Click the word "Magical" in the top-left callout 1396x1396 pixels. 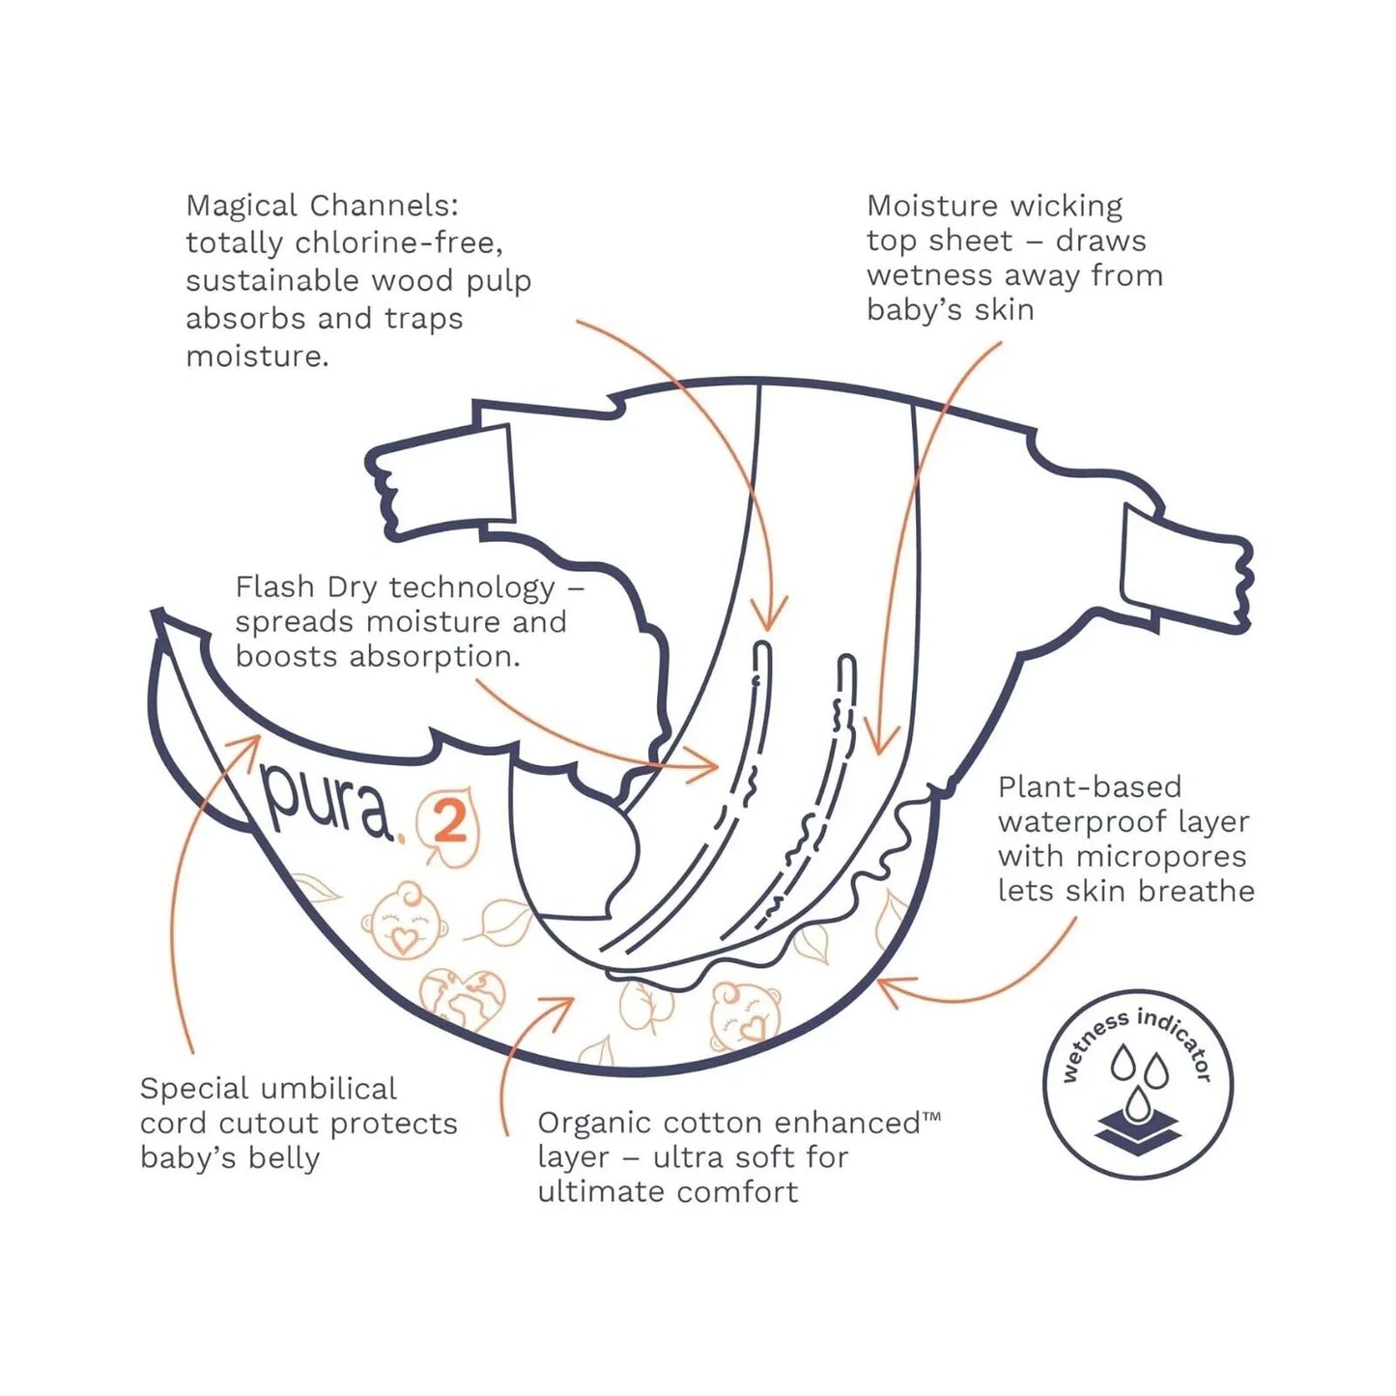click(242, 207)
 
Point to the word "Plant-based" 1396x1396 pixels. click(1090, 786)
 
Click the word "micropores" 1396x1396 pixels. click(1161, 857)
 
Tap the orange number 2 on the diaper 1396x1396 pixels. click(451, 826)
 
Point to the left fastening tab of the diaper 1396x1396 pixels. click(442, 480)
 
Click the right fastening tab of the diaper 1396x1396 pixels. click(1187, 570)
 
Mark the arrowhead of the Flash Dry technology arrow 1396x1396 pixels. click(705, 766)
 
